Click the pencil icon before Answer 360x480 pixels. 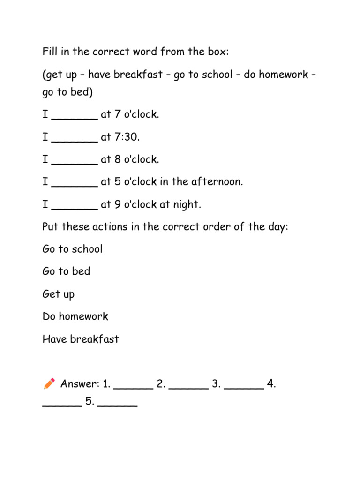click(x=49, y=384)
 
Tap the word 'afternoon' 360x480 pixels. click(x=218, y=182)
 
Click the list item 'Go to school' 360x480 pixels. click(x=72, y=249)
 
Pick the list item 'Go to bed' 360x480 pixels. click(x=66, y=271)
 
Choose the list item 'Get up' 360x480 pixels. click(x=58, y=294)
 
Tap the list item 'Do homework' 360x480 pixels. click(x=75, y=316)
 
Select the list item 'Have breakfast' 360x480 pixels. click(x=81, y=339)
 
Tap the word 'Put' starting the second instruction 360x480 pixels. click(x=51, y=227)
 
